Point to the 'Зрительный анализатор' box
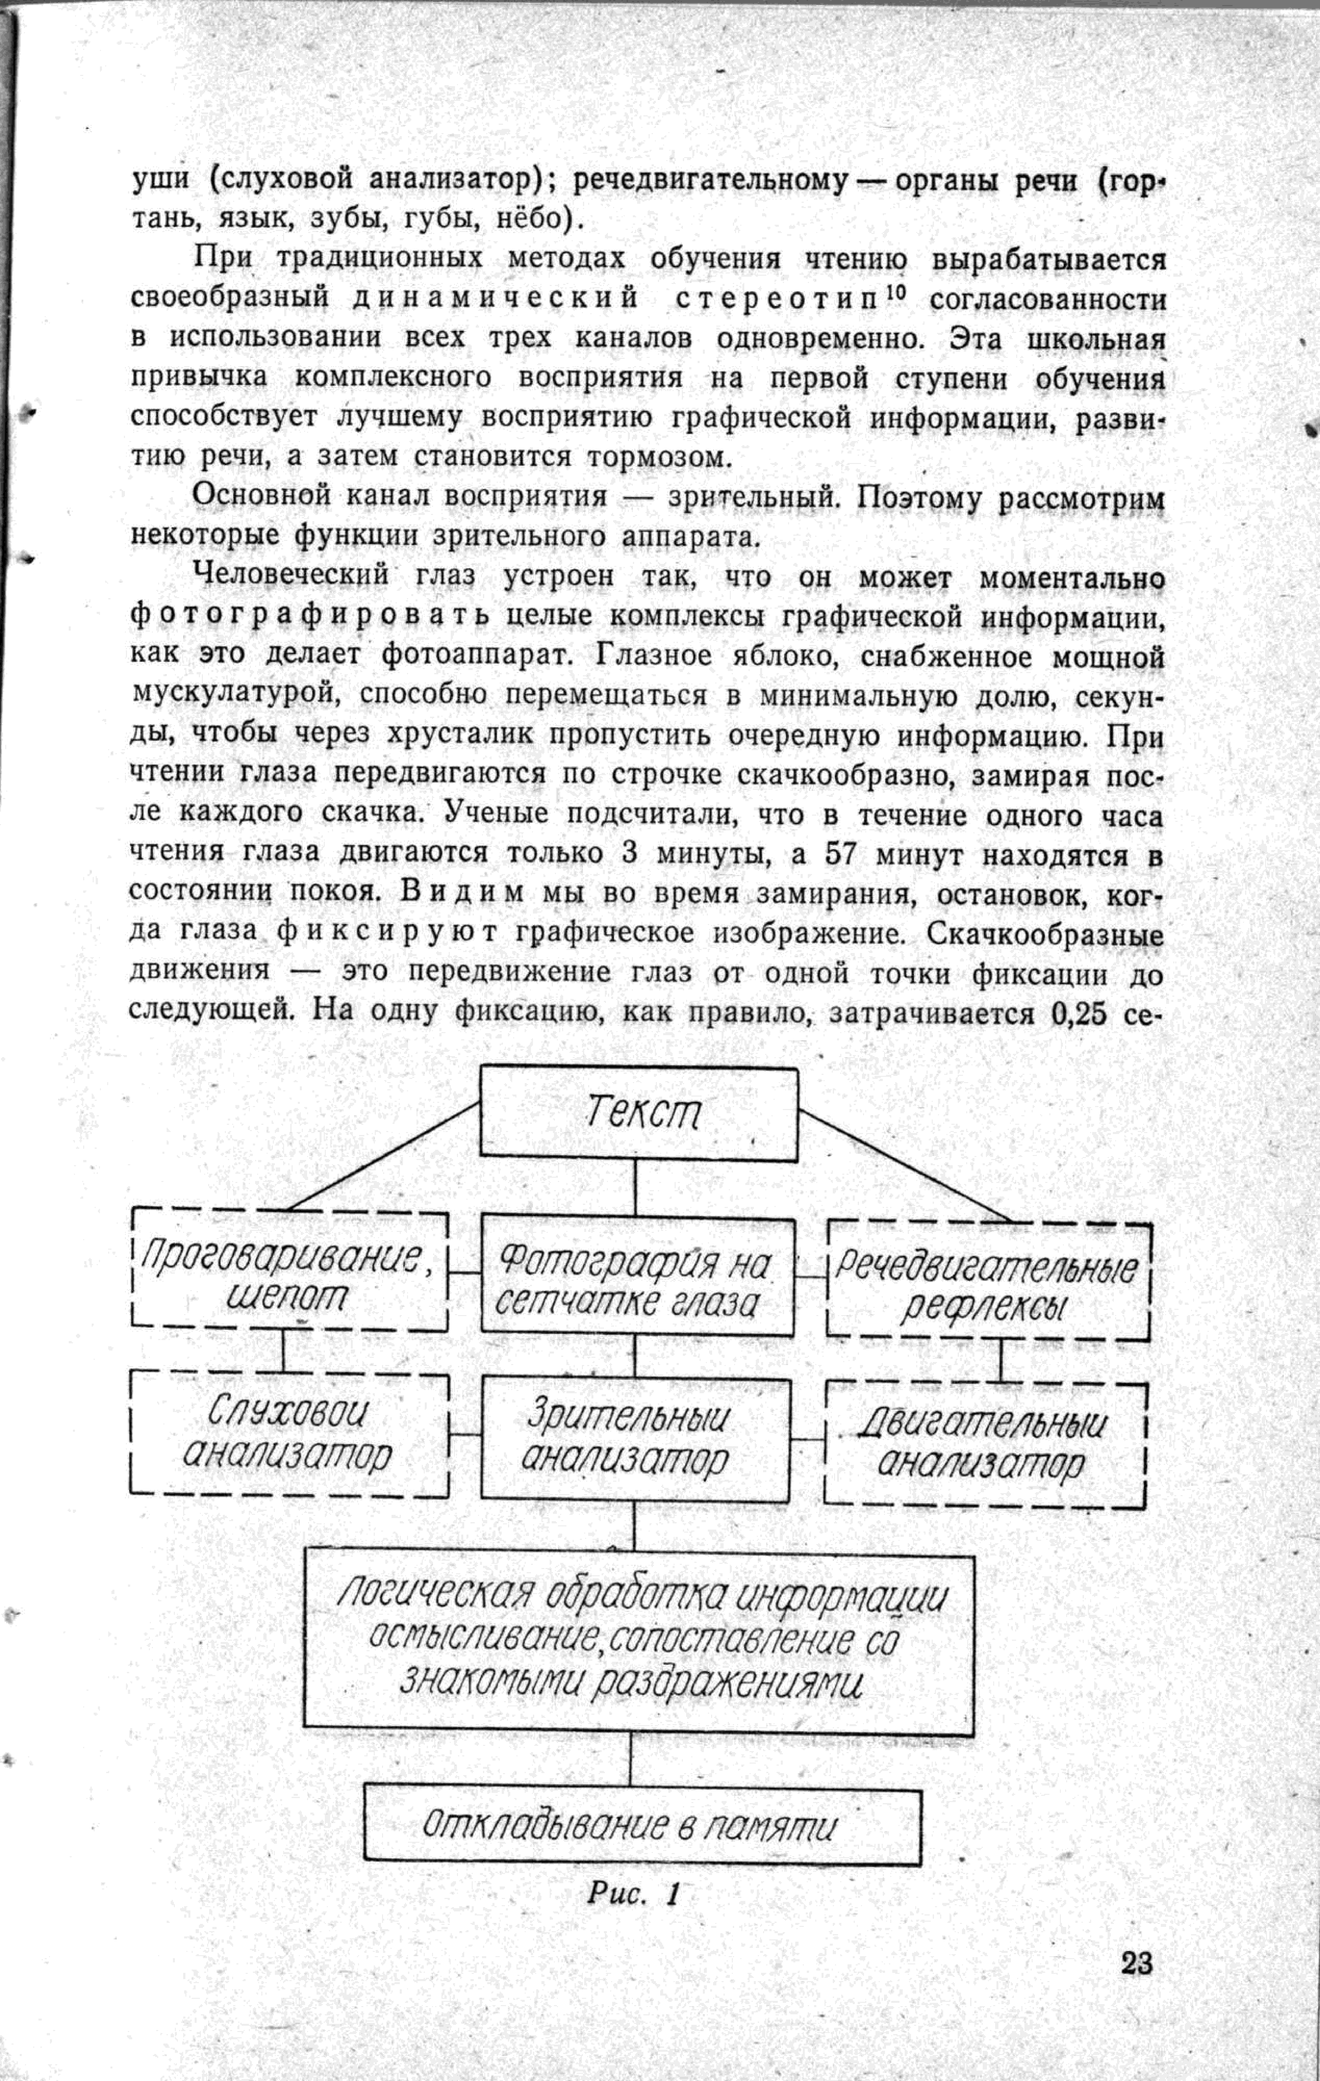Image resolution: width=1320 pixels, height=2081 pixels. point(634,1437)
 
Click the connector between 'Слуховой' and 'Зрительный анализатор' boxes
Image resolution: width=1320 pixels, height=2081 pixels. point(465,1435)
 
